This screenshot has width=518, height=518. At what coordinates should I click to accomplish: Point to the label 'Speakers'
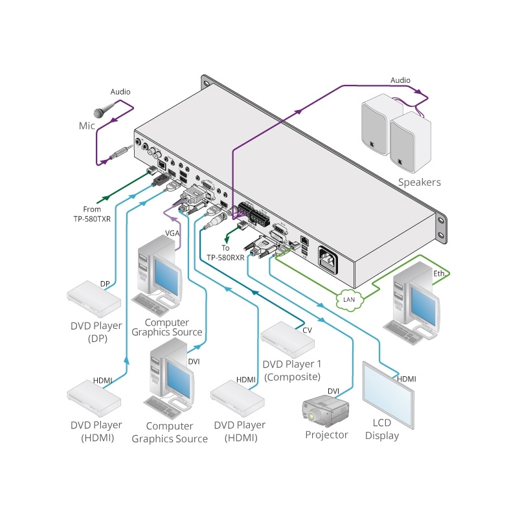pyautogui.click(x=419, y=182)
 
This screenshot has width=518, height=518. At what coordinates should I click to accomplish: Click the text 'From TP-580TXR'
pyautogui.click(x=91, y=214)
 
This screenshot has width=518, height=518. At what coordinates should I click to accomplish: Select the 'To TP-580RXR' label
pyautogui.click(x=226, y=253)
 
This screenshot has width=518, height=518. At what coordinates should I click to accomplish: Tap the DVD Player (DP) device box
pyautogui.click(x=95, y=298)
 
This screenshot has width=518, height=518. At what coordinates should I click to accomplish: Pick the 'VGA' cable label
pyautogui.click(x=172, y=233)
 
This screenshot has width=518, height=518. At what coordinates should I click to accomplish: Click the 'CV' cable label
pyautogui.click(x=308, y=330)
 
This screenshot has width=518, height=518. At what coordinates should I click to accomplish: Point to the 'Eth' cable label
pyautogui.click(x=439, y=274)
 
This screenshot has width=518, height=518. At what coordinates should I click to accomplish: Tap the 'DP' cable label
pyautogui.click(x=105, y=284)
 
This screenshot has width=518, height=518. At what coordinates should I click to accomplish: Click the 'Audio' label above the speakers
pyautogui.click(x=400, y=80)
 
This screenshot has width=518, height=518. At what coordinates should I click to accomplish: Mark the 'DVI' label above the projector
pyautogui.click(x=333, y=390)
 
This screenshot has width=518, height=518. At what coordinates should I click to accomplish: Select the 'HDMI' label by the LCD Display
pyautogui.click(x=406, y=379)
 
